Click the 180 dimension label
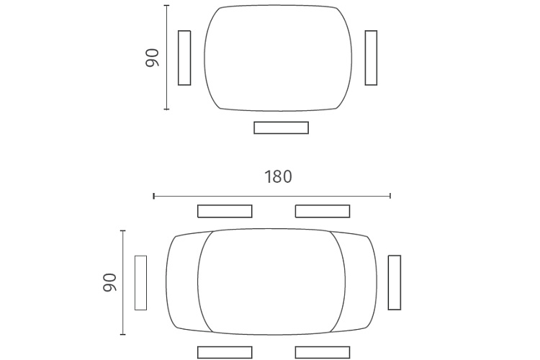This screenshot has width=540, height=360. coord(278,176)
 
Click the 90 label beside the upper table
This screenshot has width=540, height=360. coord(152,58)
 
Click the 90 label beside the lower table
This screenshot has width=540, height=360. coord(109,282)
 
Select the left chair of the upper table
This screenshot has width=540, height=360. coord(184,58)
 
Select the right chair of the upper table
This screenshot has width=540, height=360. coord(371,58)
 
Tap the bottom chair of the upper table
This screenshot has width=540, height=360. coord(281,127)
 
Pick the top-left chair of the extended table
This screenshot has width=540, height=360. coord(225,211)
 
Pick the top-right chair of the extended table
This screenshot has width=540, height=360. coord(323,211)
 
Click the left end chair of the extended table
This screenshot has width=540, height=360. coord(140,283)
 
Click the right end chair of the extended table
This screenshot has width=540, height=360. coord(395,282)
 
